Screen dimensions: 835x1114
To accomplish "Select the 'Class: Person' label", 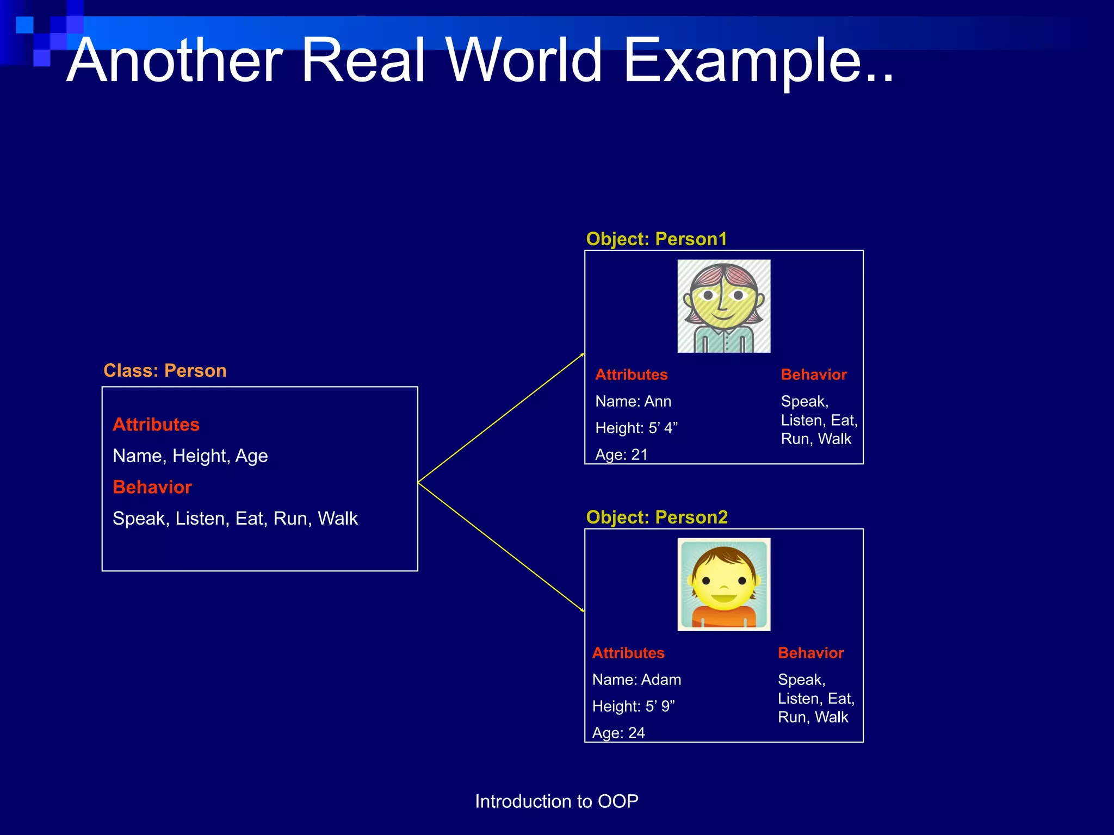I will click(165, 371).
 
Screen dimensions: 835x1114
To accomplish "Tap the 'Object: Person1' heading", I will click(656, 239).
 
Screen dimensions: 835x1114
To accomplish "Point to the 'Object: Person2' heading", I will click(657, 518).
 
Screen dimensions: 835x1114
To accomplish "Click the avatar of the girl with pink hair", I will click(723, 306).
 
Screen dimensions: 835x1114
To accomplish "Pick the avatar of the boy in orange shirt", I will click(723, 584).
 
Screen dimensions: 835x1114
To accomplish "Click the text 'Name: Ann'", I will click(633, 402).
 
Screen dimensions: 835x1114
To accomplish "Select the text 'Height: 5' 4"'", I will click(636, 428).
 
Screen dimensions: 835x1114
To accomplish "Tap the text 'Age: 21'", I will click(621, 454).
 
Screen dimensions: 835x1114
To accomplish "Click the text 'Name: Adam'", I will click(636, 680).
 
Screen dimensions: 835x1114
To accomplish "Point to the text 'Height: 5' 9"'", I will click(633, 707).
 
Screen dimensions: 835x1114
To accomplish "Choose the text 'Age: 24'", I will click(618, 733).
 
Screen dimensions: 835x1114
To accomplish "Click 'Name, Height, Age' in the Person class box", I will click(190, 456).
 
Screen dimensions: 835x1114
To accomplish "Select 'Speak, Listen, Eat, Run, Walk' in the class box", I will click(235, 519).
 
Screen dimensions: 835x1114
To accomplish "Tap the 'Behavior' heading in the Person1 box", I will click(814, 375).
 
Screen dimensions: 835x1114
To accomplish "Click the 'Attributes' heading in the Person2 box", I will click(628, 653).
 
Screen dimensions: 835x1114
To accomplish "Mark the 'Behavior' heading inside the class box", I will click(152, 488).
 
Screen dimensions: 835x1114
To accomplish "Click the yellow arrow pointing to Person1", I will click(500, 419).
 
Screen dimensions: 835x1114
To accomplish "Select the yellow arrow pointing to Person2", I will click(500, 546).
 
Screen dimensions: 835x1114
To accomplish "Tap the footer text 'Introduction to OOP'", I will click(556, 802).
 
